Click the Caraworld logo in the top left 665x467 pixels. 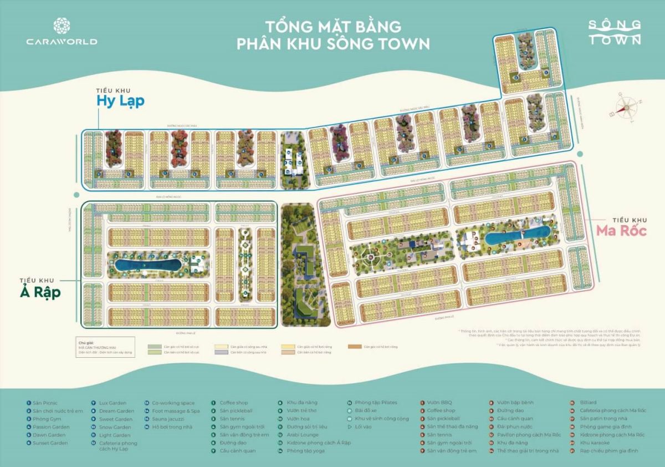click(x=61, y=32)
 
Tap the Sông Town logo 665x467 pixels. click(x=615, y=32)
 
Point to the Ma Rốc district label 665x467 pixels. click(x=621, y=229)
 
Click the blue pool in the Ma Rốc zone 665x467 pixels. click(x=516, y=237)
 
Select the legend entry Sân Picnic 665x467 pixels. click(x=45, y=403)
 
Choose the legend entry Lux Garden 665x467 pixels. click(x=112, y=403)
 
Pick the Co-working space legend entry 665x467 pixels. click(x=173, y=403)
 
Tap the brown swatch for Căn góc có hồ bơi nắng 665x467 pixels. click(x=355, y=347)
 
